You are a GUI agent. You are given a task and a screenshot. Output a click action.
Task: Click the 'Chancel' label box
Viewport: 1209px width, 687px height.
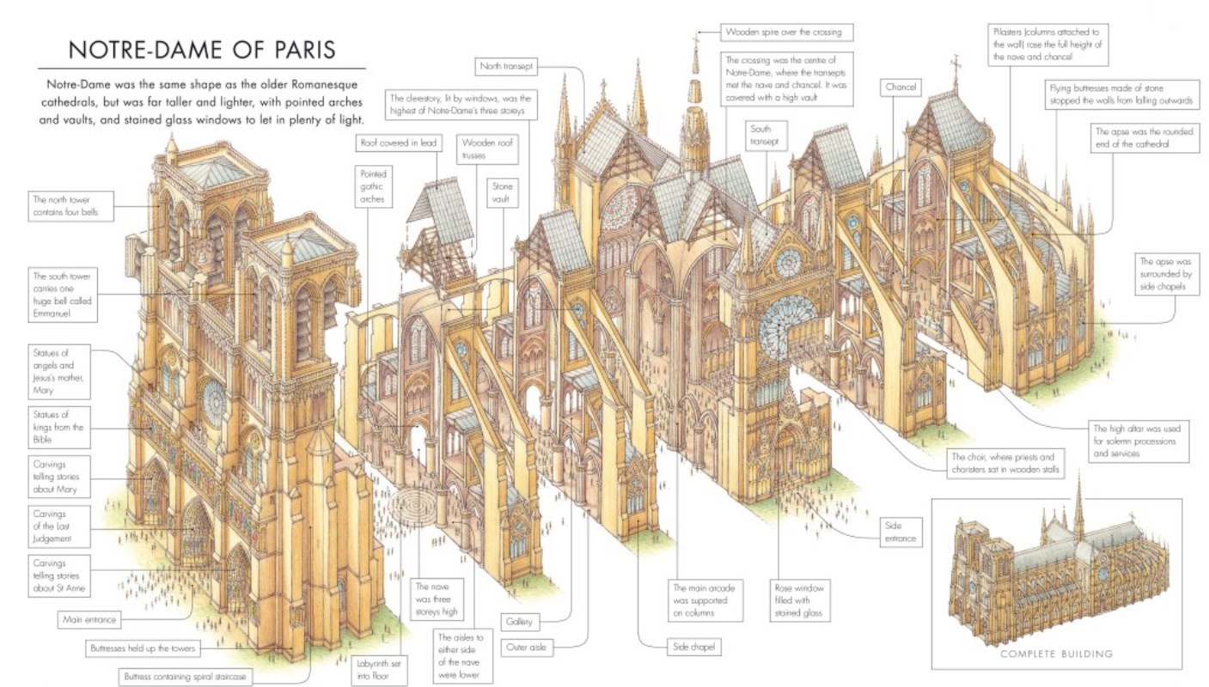pos(900,88)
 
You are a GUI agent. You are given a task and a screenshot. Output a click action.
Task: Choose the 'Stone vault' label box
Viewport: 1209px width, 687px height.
pos(501,192)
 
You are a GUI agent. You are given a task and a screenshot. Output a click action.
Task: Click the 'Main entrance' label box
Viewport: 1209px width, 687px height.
pos(89,617)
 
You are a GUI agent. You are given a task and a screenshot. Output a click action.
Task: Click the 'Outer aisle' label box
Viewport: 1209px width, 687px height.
pos(528,646)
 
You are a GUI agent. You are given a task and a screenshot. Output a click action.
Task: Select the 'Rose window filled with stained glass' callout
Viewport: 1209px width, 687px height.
pos(800,601)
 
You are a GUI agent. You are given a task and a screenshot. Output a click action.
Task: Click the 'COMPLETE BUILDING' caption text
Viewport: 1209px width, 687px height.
pos(1057,654)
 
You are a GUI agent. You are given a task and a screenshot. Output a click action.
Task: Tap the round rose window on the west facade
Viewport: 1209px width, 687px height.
pos(213,397)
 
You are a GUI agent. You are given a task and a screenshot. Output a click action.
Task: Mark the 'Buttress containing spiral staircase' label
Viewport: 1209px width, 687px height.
pos(186,677)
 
